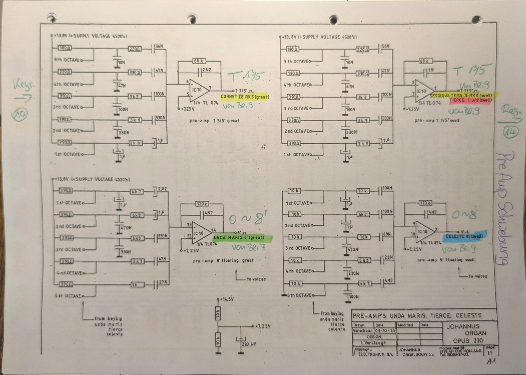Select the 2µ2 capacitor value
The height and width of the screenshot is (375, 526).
(163, 189)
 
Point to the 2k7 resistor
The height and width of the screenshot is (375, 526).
(137, 261)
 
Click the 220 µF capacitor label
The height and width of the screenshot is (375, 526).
(249, 344)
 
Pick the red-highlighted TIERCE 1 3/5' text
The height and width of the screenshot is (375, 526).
(471, 100)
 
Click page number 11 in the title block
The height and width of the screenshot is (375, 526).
(490, 353)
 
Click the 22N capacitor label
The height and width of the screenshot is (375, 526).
(388, 257)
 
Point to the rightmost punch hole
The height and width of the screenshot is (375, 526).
(476, 20)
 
